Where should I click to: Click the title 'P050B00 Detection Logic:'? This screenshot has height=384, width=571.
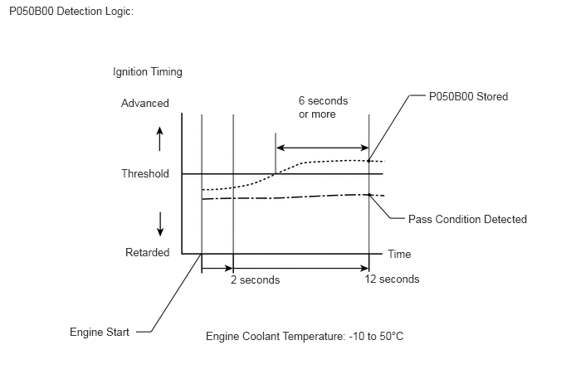point(71,12)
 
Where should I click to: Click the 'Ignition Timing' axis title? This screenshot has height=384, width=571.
point(148,71)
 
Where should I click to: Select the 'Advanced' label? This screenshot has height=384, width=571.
point(145,104)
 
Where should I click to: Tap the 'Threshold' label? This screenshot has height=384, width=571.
point(145,173)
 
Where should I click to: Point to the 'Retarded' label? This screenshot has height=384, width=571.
point(148,252)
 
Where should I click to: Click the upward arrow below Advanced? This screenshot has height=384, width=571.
point(159,139)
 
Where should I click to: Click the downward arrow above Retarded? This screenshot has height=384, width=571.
point(160,224)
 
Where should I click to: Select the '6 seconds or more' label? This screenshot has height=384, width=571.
point(323,107)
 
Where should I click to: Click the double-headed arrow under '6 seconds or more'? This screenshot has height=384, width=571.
point(323,148)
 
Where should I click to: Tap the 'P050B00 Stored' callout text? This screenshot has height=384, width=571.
point(468,96)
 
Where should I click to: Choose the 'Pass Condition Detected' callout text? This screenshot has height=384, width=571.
point(467,219)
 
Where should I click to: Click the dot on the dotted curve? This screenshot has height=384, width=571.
point(368,161)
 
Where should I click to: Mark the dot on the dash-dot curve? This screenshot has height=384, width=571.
point(368,195)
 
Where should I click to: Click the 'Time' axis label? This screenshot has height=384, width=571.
point(399,254)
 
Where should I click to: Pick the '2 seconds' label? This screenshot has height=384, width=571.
point(256,279)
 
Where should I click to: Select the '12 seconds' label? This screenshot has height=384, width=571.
point(393,279)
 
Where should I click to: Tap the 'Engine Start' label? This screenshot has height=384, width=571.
point(100,332)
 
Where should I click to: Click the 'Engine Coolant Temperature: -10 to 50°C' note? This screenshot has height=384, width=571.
point(305,336)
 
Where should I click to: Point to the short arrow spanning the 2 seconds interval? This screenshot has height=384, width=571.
point(217,269)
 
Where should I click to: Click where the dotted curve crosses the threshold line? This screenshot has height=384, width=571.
point(276,174)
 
